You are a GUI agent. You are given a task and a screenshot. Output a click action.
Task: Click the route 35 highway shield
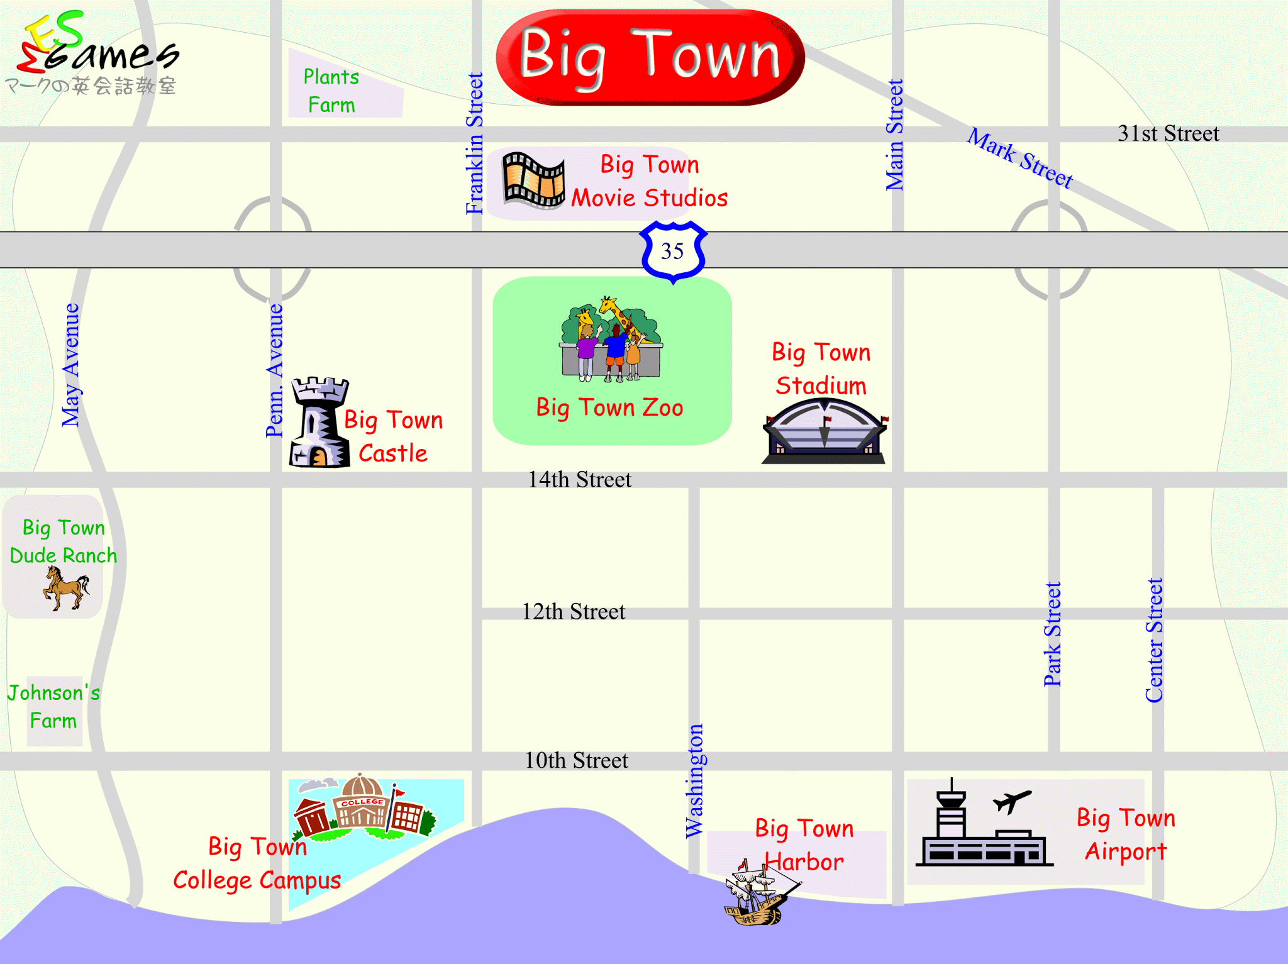tap(672, 251)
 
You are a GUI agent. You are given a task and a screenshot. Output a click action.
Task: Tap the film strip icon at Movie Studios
tap(533, 180)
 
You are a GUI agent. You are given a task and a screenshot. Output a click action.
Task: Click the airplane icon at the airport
tap(1012, 801)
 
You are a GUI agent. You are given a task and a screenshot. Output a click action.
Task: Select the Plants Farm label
tap(331, 91)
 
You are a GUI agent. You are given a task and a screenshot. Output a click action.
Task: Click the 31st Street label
tap(1168, 133)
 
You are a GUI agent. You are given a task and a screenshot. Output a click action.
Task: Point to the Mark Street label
tap(1019, 157)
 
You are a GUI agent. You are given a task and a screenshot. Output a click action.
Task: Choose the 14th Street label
tap(579, 480)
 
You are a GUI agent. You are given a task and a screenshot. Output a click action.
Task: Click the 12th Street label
tap(574, 612)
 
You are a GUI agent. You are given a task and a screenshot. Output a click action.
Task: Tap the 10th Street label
tap(576, 761)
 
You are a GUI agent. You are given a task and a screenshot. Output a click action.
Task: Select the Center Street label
tap(1154, 640)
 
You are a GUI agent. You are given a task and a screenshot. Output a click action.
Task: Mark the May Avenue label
tap(71, 365)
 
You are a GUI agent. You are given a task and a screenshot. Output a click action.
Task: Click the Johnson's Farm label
tap(53, 707)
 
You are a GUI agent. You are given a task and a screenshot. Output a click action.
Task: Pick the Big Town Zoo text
tap(609, 407)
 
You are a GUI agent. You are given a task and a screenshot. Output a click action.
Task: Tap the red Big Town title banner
tap(650, 57)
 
